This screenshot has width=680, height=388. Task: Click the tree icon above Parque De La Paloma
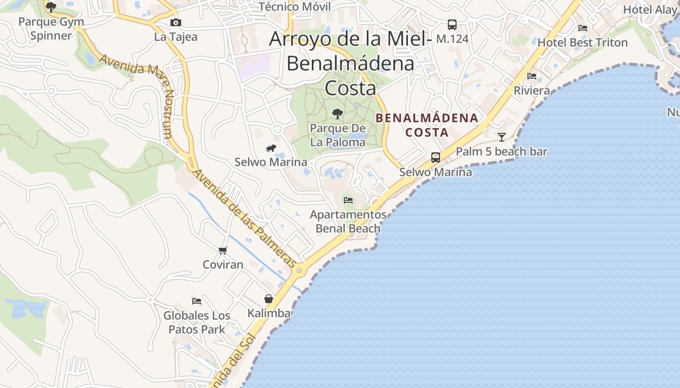click(x=337, y=114)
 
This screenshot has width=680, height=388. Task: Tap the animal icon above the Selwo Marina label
click(x=271, y=148)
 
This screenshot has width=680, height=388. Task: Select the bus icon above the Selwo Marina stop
click(x=436, y=158)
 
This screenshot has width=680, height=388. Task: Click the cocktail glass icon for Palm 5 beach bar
click(x=502, y=137)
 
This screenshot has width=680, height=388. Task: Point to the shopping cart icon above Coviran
click(x=222, y=250)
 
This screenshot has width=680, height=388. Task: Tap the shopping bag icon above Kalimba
click(x=269, y=299)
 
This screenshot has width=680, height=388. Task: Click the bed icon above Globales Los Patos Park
click(x=197, y=301)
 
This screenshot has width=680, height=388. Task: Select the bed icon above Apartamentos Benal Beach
click(x=348, y=200)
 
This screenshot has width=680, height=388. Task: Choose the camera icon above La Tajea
click(x=176, y=22)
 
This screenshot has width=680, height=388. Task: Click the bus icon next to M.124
click(x=452, y=24)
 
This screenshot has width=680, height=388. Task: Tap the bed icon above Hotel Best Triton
click(x=583, y=28)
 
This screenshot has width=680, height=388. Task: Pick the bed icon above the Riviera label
click(x=532, y=76)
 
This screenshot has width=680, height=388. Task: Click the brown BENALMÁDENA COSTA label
click(x=427, y=125)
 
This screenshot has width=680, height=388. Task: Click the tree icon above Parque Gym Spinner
click(x=51, y=7)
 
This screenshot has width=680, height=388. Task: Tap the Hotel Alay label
click(x=650, y=10)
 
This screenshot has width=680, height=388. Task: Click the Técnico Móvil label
click(x=294, y=7)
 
